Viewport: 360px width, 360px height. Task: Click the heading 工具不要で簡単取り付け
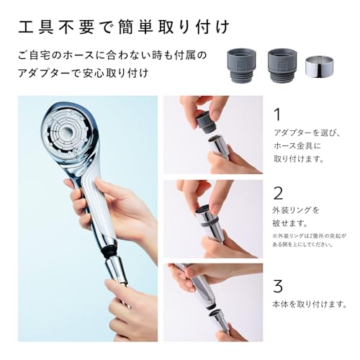122,28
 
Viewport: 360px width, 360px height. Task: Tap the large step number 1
276,114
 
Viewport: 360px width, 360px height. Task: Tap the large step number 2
277,193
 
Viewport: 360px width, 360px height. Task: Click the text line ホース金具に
296,145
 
